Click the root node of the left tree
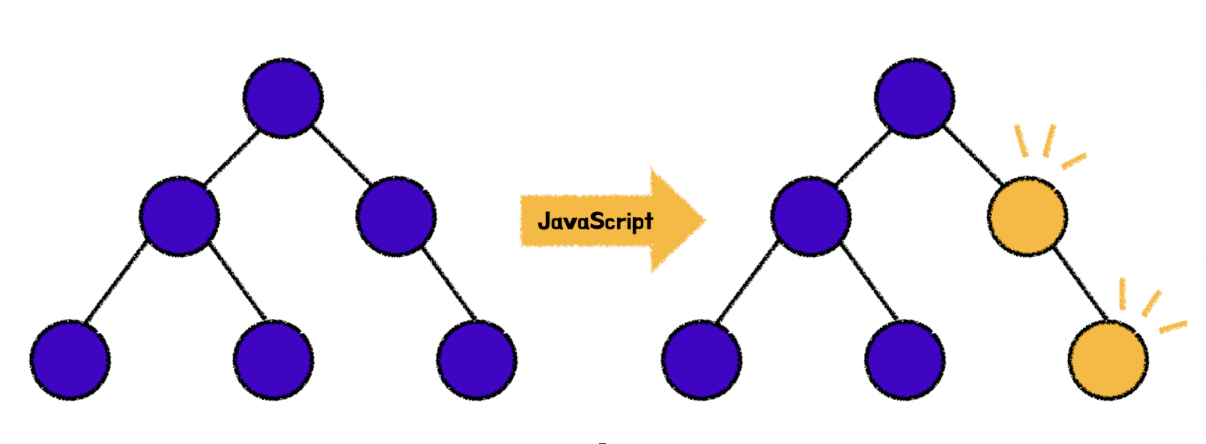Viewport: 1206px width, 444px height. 283,98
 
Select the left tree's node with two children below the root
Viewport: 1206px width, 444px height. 179,216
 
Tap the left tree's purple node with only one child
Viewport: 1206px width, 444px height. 396,216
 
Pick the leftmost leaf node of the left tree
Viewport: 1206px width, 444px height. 70,359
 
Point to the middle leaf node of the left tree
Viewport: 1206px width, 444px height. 274,359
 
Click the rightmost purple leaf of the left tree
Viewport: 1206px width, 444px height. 477,359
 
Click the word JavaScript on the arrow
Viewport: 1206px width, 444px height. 595,221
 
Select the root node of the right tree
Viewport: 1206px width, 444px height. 914,98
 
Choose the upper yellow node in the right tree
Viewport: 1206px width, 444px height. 1027,216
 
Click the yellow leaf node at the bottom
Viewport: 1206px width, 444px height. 1108,359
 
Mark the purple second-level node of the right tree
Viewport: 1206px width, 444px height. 811,216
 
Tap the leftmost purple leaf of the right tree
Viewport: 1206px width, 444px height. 701,359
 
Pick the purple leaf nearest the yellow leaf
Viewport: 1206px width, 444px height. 904,359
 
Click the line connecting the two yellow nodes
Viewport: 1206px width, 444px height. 1081,283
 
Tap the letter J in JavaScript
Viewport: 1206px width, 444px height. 544,221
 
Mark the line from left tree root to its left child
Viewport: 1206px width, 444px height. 232,156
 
